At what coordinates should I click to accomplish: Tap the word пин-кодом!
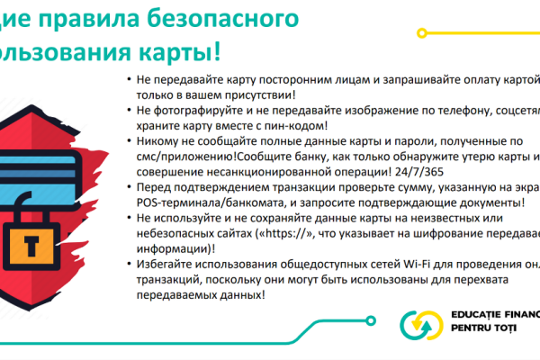coord(297,126)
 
